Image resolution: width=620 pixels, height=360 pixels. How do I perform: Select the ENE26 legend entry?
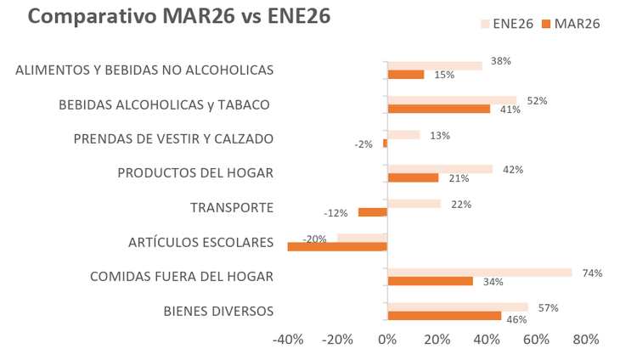pos(508,24)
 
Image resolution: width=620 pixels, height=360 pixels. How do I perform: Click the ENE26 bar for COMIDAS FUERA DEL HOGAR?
pos(480,273)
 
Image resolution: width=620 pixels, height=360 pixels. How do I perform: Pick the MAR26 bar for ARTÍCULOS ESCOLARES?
pos(337,247)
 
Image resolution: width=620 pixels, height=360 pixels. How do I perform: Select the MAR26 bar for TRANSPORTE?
pos(373,212)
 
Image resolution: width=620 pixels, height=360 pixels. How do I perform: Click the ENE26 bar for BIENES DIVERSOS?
pos(458,307)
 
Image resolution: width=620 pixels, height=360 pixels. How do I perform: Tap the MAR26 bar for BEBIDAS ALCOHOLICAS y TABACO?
pos(438,109)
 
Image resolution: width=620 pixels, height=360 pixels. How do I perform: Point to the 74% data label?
pos(592,273)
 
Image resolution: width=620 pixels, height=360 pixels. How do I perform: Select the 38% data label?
pos(500,61)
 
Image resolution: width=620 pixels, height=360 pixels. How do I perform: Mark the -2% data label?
pos(364,144)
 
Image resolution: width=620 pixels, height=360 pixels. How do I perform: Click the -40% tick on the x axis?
pos(288,340)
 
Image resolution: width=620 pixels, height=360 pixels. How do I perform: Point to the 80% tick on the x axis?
pos(585,340)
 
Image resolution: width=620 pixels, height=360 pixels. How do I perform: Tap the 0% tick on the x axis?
pos(387,340)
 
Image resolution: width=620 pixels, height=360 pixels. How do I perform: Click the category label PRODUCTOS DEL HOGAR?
pos(195,173)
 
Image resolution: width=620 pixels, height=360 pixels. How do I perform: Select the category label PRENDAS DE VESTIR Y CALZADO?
pos(173,138)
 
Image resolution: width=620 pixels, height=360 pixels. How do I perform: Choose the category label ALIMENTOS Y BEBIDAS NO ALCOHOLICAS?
pos(144,70)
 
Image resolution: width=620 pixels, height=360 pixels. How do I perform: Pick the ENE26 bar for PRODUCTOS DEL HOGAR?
pos(440,169)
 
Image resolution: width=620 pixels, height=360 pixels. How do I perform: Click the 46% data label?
pos(516,320)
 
